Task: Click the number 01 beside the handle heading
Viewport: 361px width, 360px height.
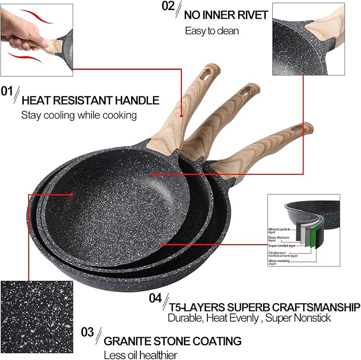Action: point(7,91)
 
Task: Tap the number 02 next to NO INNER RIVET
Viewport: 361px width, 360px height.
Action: point(168,6)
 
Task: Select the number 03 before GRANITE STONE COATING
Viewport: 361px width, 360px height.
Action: point(88,332)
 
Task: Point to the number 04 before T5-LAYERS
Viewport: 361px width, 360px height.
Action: point(155,299)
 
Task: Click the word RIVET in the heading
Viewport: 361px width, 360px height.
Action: point(250,15)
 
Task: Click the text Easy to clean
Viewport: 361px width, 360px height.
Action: point(212,31)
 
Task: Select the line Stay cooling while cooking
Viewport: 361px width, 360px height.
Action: point(79,114)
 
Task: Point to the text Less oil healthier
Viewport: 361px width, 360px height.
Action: point(140,355)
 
